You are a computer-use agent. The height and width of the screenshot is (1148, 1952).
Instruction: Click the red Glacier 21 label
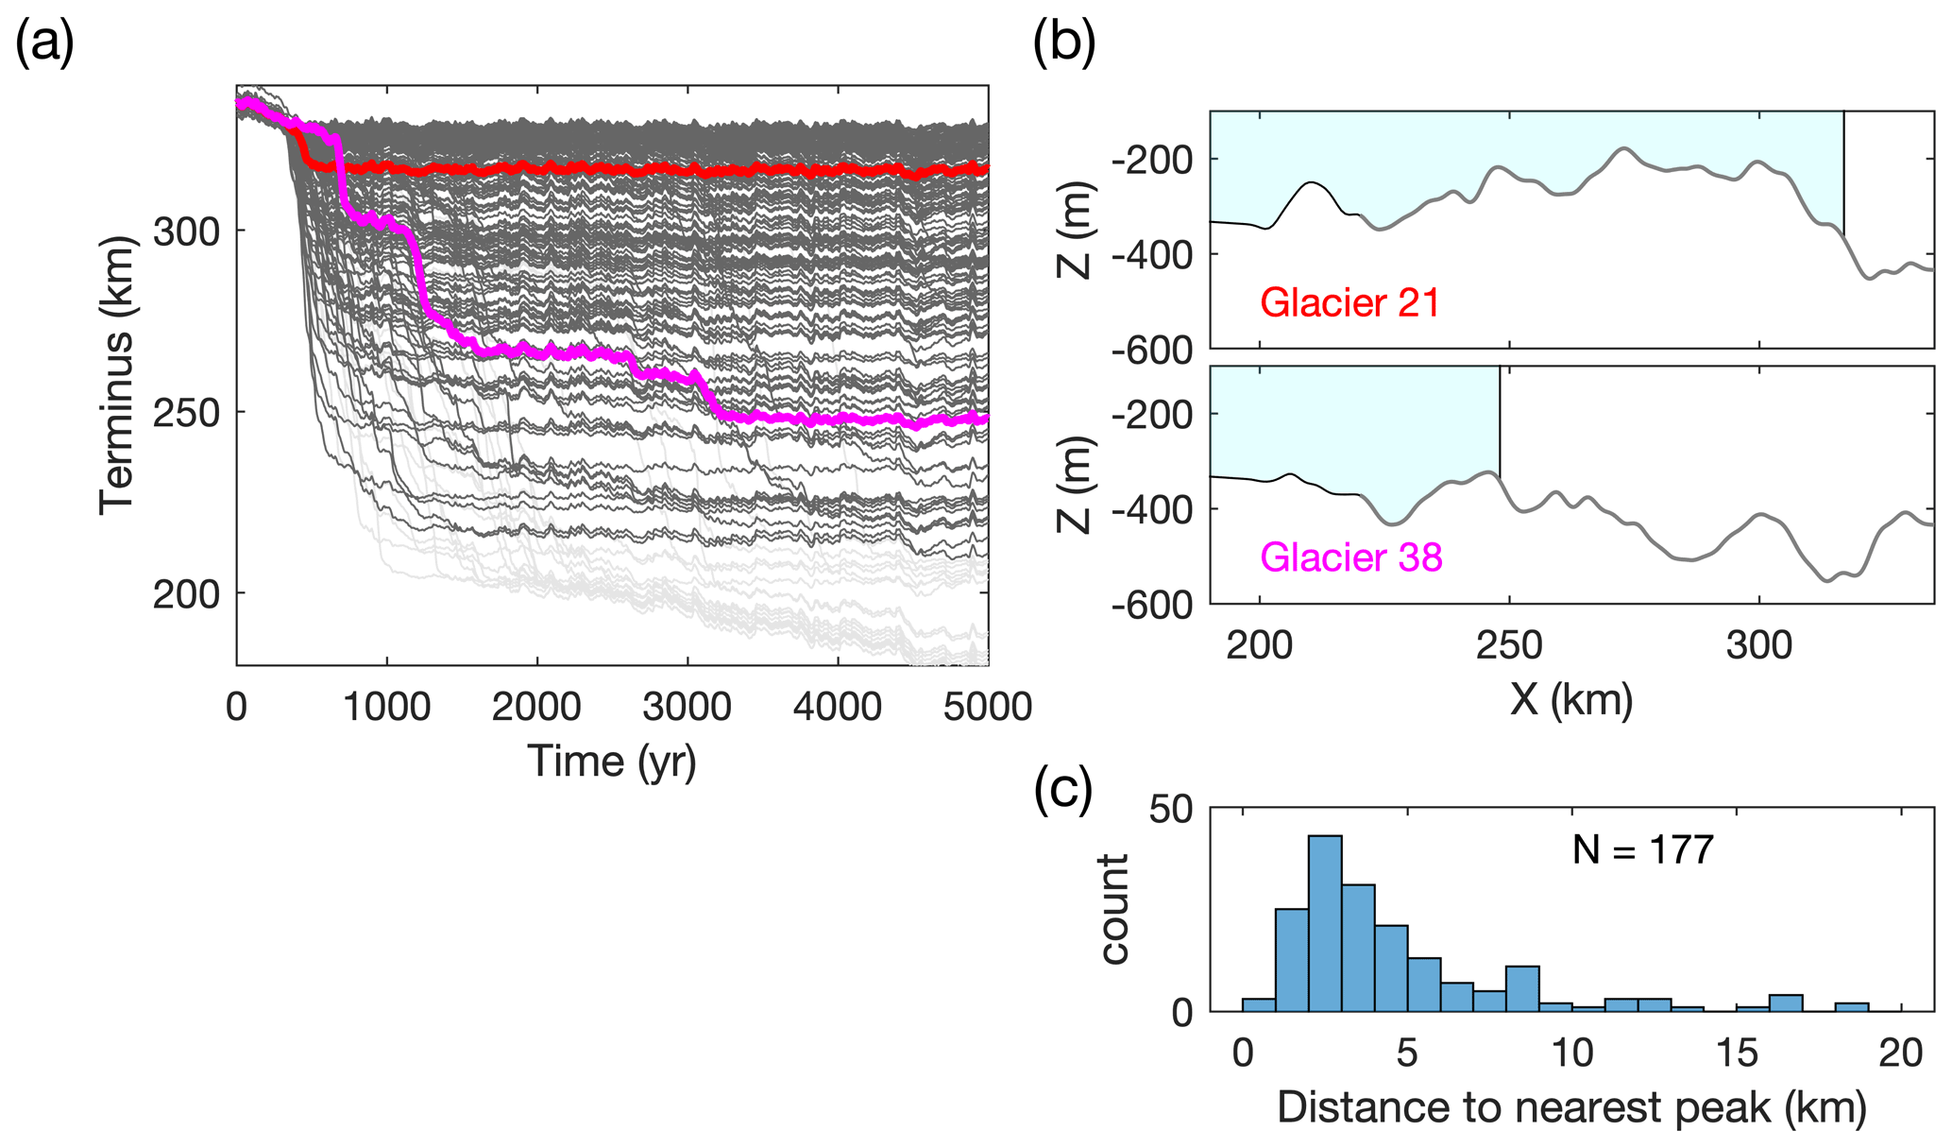(1349, 303)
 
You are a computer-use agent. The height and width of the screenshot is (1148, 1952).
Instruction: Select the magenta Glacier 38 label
(1350, 557)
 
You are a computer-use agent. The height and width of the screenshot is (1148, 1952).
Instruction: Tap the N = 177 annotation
(1642, 850)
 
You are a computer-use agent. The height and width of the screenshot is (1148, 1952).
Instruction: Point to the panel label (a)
(45, 44)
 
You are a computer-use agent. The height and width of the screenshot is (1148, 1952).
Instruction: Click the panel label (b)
(1064, 44)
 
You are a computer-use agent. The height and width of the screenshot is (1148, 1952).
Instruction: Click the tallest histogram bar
(1325, 923)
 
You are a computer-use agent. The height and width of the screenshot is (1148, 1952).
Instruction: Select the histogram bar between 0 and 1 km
(1259, 1005)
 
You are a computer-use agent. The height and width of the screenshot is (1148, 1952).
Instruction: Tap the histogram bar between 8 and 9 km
(1522, 988)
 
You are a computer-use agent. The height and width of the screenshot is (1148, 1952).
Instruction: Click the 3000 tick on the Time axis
(687, 708)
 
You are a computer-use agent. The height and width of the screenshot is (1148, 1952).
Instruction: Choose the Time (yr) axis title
(612, 762)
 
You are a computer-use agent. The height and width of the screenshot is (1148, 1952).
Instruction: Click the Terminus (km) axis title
(118, 375)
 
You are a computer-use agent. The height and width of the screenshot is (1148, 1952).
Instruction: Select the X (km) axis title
(1571, 700)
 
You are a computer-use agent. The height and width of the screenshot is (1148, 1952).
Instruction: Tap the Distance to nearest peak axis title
(1571, 1107)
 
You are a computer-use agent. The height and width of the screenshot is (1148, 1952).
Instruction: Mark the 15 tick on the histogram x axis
(1737, 1052)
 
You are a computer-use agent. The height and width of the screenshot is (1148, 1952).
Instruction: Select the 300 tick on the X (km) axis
(1758, 645)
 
